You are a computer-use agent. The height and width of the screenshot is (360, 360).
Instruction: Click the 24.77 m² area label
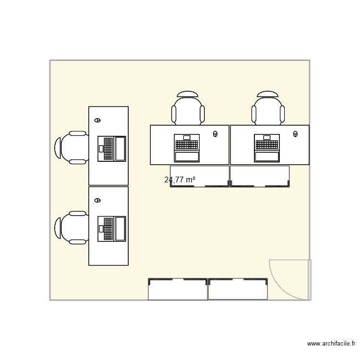[x=180, y=180]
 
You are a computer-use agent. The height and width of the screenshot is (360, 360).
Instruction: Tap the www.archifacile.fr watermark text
[x=331, y=344]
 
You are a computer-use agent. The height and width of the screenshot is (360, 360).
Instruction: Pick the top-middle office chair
[x=188, y=111]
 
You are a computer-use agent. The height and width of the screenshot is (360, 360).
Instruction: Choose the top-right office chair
[x=268, y=111]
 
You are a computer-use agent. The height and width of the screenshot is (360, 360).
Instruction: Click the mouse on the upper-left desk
[x=98, y=120]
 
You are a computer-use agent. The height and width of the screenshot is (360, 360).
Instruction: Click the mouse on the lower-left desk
[x=98, y=200]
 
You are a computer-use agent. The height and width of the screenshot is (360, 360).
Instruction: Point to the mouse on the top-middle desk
[x=215, y=134]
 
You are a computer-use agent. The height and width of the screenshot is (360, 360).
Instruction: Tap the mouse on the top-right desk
[x=295, y=134]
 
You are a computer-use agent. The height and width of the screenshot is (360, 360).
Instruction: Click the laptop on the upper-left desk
[x=112, y=149]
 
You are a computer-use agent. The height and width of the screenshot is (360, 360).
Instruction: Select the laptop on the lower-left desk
[x=112, y=228]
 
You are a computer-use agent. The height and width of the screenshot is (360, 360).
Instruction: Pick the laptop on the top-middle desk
[x=187, y=148]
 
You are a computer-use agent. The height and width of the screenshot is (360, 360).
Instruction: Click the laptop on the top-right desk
[x=267, y=148]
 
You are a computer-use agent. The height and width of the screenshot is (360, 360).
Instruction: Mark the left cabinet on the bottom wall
[x=178, y=289]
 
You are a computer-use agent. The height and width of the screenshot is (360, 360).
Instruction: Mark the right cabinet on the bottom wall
[x=238, y=289]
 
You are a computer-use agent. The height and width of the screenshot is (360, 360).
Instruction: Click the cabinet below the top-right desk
[x=260, y=176]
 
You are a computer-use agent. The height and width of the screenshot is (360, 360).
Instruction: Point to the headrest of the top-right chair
[x=268, y=94]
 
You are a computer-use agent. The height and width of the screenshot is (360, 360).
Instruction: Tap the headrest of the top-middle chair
[x=188, y=94]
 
